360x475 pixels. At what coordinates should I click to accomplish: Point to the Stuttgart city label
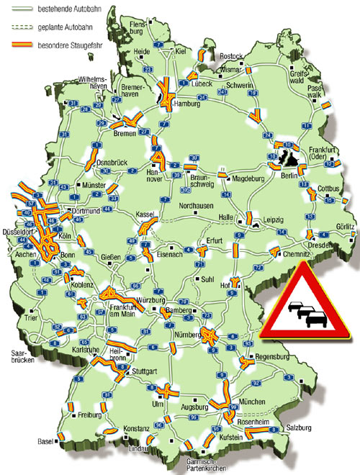click(x=145, y=373)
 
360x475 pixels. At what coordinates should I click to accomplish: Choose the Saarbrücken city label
click(x=22, y=358)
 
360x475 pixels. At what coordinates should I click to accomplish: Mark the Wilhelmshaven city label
click(x=94, y=82)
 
